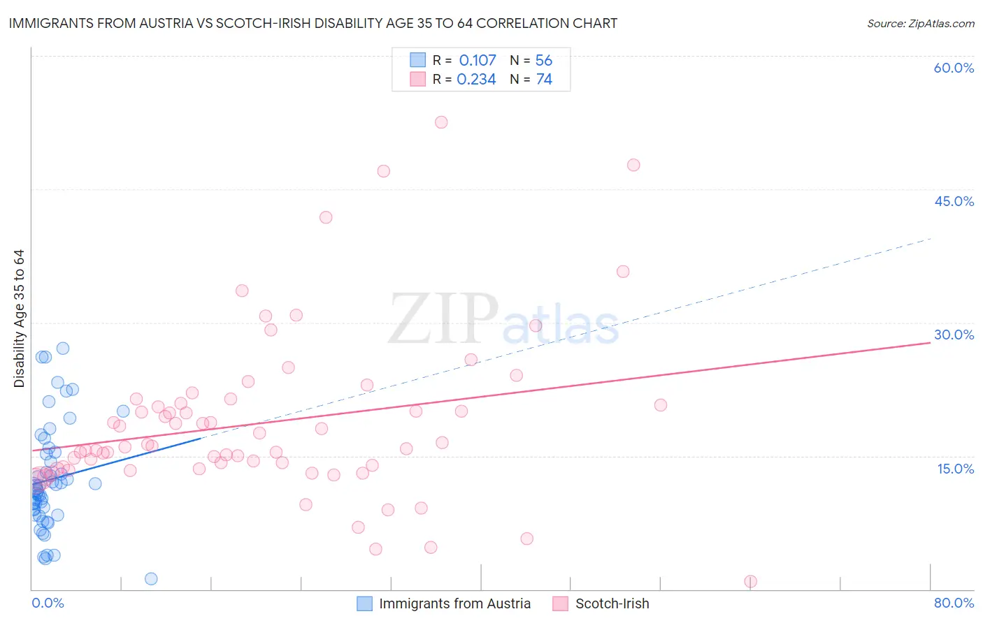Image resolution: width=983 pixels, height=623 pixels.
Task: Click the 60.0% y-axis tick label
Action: (954, 68)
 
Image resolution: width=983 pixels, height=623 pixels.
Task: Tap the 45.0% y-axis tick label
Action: (954, 202)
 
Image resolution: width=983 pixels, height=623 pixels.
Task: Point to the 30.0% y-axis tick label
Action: (954, 335)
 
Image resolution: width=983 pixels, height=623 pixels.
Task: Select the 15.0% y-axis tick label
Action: (955, 469)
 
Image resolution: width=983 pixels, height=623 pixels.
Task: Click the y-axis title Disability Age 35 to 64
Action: (19, 318)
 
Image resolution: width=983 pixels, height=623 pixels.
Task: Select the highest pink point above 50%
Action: (441, 122)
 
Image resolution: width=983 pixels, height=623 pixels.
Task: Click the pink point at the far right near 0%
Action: (751, 582)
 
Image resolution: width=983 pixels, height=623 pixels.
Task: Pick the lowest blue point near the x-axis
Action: (151, 579)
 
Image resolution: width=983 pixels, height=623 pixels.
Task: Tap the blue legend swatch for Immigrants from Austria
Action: (364, 603)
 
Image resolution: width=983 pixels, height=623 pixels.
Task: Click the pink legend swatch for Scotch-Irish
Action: (560, 603)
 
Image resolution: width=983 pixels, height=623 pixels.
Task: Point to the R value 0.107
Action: (478, 61)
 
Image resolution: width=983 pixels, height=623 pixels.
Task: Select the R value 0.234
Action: (476, 80)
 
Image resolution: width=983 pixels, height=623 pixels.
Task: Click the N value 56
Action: (543, 61)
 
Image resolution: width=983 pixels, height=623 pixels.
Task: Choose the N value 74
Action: (543, 80)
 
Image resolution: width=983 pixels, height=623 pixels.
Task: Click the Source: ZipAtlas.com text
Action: (920, 24)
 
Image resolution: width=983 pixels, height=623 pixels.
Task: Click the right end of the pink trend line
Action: (930, 343)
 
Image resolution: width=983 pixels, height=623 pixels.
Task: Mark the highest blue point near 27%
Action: (63, 349)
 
